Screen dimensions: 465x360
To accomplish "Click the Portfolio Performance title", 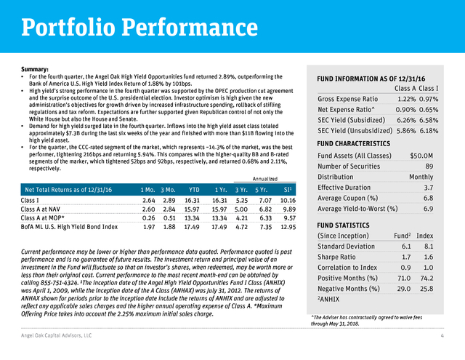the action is (139, 28).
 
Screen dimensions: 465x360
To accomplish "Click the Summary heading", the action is (35, 69).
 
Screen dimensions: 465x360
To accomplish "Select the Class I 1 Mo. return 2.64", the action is (148, 201).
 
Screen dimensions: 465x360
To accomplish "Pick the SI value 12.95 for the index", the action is (288, 227).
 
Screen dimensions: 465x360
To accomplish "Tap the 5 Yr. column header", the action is (262, 190).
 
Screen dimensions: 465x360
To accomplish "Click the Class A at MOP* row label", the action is (42, 218).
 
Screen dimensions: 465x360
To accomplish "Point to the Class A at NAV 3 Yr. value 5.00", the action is (241, 209).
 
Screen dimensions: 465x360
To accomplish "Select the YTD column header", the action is (194, 190).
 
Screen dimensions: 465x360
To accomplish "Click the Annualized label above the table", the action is (265, 179).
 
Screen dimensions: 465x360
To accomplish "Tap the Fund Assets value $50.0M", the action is (421, 156).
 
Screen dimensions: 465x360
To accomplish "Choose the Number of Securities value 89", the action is (429, 167).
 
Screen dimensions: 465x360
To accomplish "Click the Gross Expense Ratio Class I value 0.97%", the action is (429, 99).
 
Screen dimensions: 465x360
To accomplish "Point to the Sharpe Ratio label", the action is (336, 257).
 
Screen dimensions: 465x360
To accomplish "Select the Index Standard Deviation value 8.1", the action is (429, 247).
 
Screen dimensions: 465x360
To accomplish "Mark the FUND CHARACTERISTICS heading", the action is (354, 144).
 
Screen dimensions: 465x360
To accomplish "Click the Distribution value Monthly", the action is (421, 177).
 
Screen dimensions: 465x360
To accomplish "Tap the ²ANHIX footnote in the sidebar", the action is (328, 299).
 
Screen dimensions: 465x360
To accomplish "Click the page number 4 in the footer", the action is (442, 336).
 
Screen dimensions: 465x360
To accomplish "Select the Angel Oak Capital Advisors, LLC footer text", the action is (57, 336).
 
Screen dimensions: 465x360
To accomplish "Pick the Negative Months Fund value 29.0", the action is (404, 289).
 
